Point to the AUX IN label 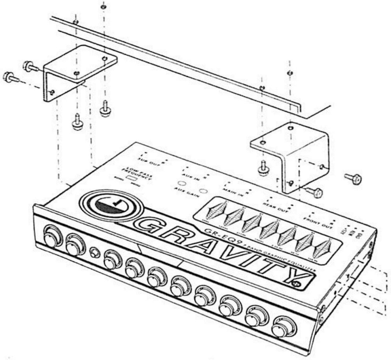[x=192, y=176]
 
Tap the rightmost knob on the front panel [x=280, y=328]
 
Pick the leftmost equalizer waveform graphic [x=218, y=210]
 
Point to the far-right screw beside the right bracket [x=354, y=179]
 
